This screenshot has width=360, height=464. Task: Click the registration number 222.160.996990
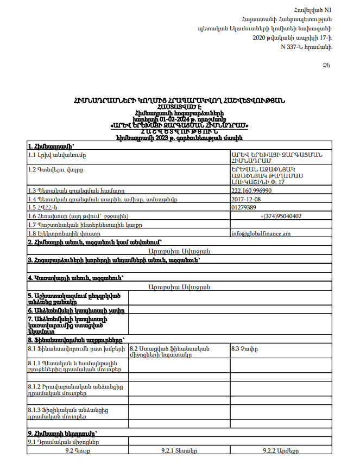coord(251,190)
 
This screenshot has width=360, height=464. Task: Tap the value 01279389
coord(244,207)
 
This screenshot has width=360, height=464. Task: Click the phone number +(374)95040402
coord(281,216)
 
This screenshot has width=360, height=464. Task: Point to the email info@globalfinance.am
coord(261,233)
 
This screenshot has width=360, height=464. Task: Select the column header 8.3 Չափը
coord(244,348)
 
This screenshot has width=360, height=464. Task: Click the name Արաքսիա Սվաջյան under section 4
coord(179,287)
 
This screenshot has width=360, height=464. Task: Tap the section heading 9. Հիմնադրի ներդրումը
coord(62,434)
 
